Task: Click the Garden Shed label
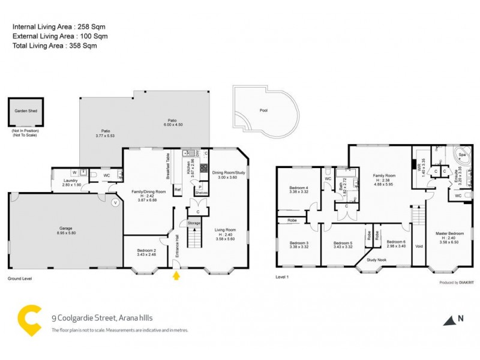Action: pos(26,110)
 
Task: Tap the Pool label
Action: pos(264,111)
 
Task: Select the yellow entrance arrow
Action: pos(176,276)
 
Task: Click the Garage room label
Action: pos(65,229)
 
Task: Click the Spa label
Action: pos(462,155)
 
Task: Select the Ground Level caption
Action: pos(19,279)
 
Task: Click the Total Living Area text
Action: pos(55,45)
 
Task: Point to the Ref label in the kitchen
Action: pos(178,190)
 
